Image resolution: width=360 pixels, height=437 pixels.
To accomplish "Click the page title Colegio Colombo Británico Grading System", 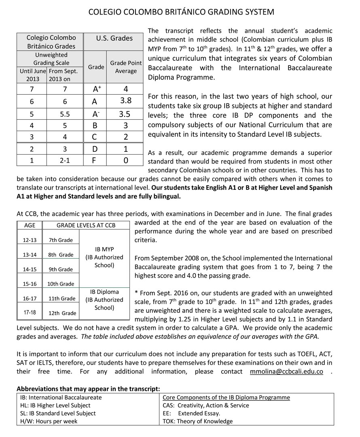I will click(181, 12).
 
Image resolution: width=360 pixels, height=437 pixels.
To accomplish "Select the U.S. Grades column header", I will click(114, 38).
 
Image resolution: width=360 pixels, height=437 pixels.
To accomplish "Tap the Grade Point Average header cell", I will click(126, 67).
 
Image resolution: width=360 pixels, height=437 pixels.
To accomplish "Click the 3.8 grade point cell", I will click(126, 100).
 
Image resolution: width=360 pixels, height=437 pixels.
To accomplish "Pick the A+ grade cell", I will click(97, 89).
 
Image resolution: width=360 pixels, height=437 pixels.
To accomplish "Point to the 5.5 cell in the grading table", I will click(65, 115).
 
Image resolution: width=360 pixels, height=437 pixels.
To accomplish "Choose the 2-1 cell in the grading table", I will click(65, 160).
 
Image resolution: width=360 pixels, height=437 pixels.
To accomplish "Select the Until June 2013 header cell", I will click(32, 75).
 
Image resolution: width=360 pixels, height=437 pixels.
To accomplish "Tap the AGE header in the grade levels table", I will click(30, 225).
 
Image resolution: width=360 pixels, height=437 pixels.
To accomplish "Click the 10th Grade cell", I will click(61, 284).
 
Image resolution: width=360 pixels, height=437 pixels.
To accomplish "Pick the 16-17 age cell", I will click(30, 299).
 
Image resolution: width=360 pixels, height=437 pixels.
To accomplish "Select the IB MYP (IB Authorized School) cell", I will click(104, 257).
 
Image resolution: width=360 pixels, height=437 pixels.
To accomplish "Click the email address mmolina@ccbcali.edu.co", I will click(286, 371).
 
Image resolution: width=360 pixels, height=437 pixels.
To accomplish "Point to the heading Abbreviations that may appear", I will click(89, 388).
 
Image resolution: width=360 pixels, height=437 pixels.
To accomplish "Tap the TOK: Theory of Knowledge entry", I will click(198, 421).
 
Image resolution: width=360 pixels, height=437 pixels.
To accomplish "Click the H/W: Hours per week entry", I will click(49, 421).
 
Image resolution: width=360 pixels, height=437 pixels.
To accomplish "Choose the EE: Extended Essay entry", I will click(191, 413).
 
